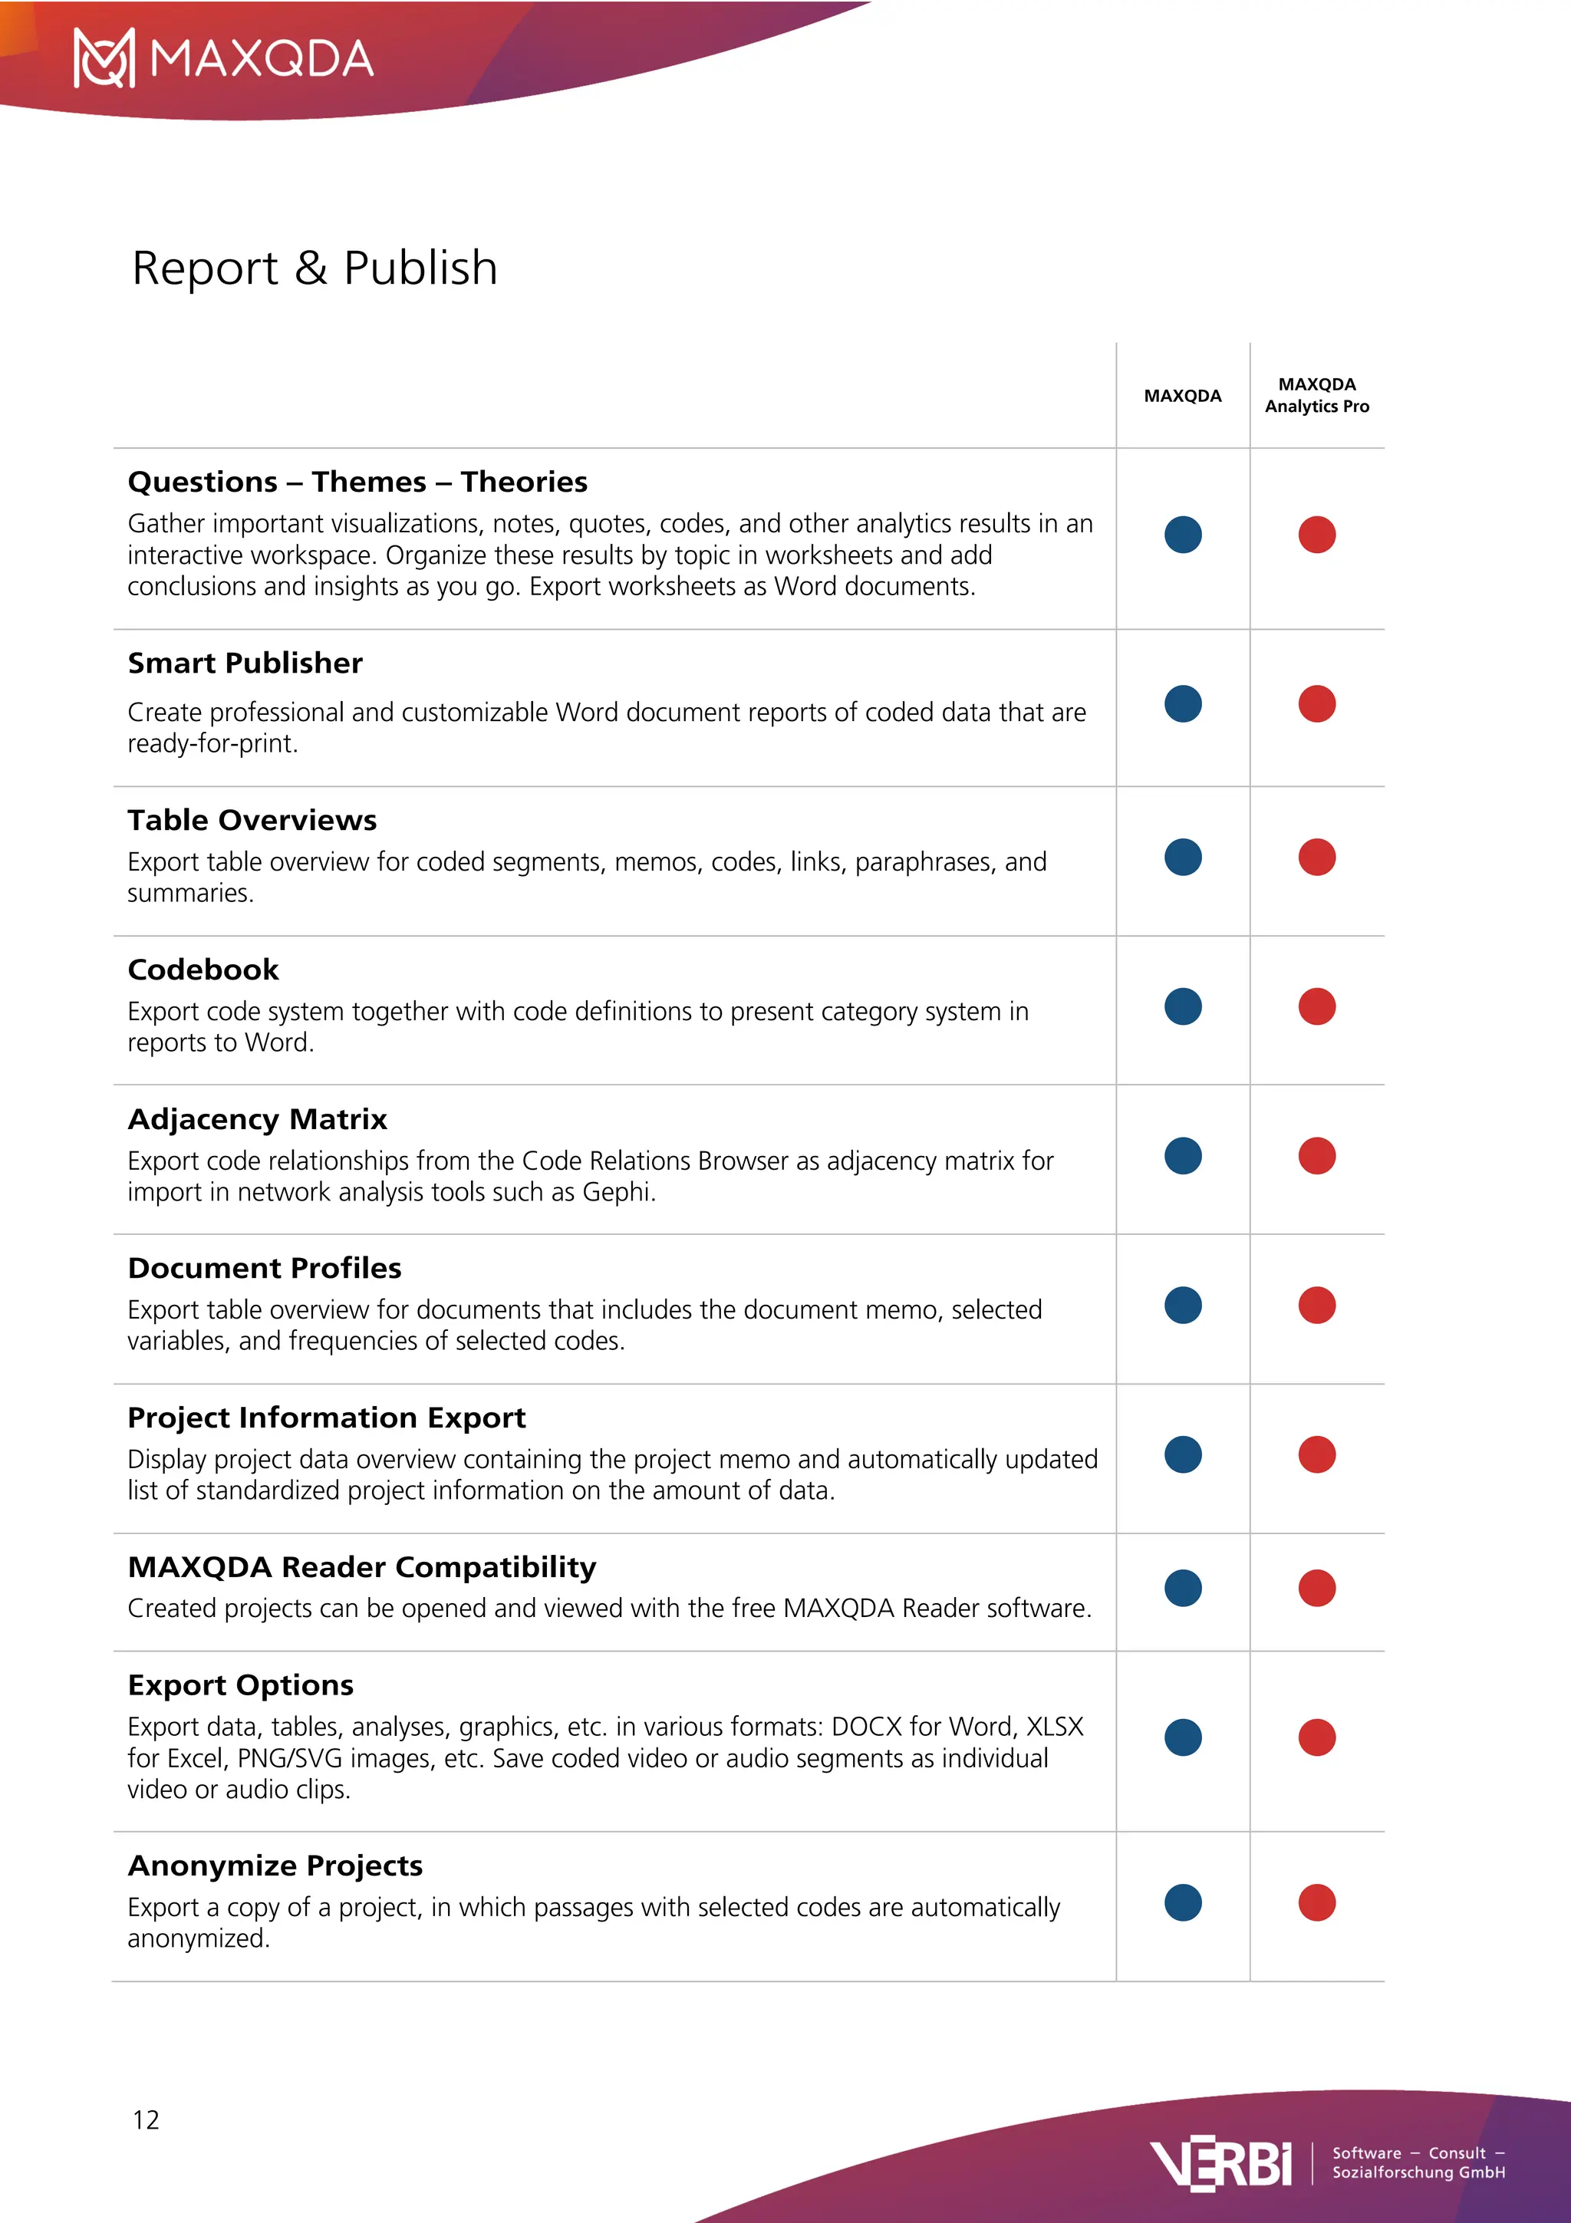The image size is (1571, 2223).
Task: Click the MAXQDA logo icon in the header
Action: coord(104,58)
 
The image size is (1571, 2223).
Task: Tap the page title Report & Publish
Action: coord(315,268)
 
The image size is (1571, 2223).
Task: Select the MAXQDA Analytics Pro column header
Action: coord(1316,395)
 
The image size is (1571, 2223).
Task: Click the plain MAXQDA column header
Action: coord(1182,396)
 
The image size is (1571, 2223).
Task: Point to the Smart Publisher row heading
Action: coord(245,664)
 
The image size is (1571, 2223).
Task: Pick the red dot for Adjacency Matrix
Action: coord(1316,1156)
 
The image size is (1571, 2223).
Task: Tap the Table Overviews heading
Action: coord(252,820)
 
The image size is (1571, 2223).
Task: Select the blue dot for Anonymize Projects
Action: coord(1183,1902)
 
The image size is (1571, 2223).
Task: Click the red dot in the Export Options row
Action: coord(1316,1737)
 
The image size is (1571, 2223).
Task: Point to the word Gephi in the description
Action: coord(618,1193)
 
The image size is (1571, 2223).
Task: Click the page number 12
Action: coord(147,2119)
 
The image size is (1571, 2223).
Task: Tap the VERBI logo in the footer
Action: coord(1220,2163)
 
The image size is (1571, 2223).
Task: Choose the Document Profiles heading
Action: coord(264,1268)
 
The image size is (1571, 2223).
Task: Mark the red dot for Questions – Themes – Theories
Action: coord(1316,535)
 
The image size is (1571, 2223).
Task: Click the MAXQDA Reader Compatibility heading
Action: coord(362,1567)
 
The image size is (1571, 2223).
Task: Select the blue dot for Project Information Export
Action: coord(1183,1454)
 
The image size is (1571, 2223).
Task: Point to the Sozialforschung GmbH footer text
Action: coord(1418,2172)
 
